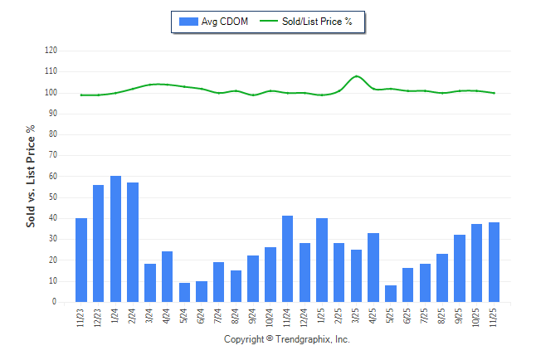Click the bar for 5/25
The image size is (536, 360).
tap(391, 294)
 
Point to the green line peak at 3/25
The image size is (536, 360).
tap(357, 76)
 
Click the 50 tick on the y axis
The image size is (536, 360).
tap(54, 197)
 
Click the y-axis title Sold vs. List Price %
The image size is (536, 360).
tap(32, 176)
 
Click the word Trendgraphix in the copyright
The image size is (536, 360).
tap(302, 340)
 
